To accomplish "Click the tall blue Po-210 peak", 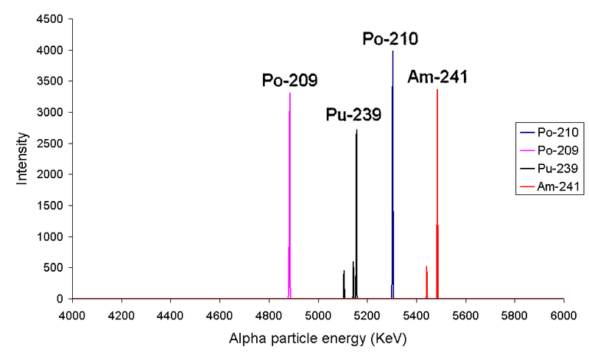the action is point(392,174).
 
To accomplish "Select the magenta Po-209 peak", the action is point(289,196).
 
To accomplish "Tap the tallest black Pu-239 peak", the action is point(356,214).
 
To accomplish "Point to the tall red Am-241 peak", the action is point(437,194).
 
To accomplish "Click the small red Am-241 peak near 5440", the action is point(427,282).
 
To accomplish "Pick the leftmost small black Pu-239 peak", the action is point(344,284).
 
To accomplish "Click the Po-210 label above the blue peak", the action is point(390,39).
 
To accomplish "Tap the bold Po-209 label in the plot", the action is point(289,80).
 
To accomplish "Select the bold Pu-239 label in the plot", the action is point(353,114).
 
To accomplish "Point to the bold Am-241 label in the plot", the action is point(437,77).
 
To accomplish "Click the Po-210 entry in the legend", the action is point(550,133).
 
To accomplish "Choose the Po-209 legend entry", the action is point(550,150).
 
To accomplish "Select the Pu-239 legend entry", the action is point(550,169).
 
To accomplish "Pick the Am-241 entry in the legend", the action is point(550,186).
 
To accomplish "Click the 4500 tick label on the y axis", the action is point(49,19).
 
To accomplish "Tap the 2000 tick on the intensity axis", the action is point(49,174).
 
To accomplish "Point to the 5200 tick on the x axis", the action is point(367,315).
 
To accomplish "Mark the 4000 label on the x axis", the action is point(72,315).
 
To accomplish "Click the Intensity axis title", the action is point(22,158).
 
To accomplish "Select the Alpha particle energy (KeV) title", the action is point(318,339).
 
